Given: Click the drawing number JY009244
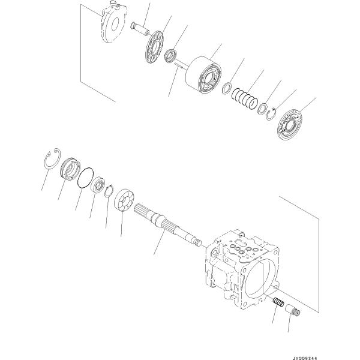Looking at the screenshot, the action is [x=304, y=358].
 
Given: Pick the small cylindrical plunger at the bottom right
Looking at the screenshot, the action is [x=293, y=310].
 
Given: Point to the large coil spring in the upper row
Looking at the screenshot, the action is [x=245, y=98].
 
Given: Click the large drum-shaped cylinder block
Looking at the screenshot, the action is [x=203, y=75].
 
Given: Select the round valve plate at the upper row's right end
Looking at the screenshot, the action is [x=290, y=125].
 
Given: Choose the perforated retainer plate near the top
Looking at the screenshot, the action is [x=154, y=47].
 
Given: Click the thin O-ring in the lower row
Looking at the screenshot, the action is [x=86, y=178].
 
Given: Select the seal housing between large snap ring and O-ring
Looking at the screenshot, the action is [x=70, y=169].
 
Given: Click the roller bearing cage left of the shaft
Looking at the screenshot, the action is [x=124, y=200].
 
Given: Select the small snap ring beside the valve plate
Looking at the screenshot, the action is [x=272, y=114].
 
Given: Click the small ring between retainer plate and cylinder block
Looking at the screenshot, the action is [x=171, y=56].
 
